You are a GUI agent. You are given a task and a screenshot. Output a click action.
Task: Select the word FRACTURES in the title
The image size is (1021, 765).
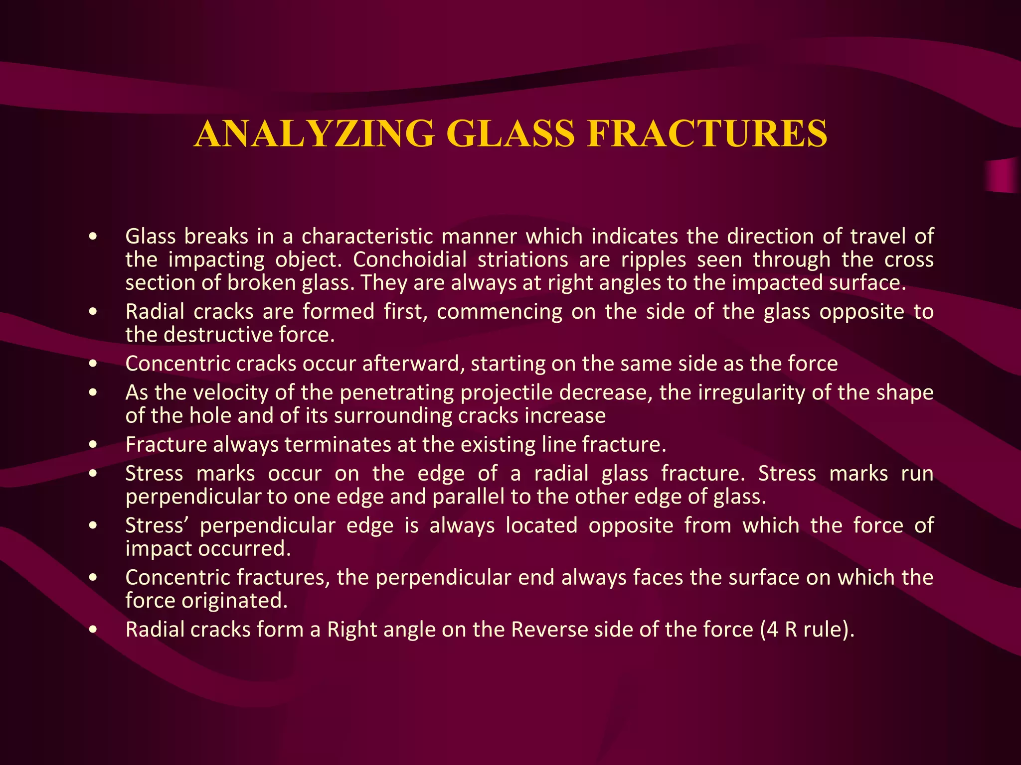(707, 133)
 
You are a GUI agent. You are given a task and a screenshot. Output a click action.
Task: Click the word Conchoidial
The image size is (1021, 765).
(410, 259)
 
